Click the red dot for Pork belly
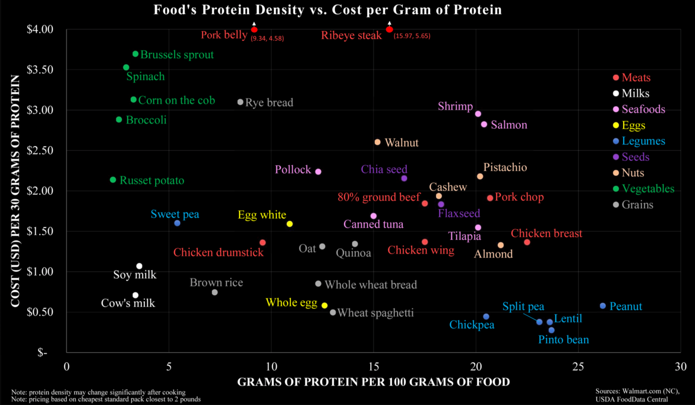click(x=254, y=29)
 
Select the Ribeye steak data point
click(x=389, y=29)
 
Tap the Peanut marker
click(x=603, y=306)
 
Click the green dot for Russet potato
click(x=113, y=180)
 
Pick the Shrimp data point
click(x=478, y=113)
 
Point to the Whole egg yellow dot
click(x=324, y=305)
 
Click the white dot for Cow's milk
click(x=135, y=295)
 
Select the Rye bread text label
click(x=269, y=103)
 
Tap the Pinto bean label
click(x=563, y=340)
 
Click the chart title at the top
click(x=327, y=10)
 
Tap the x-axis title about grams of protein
click(x=373, y=382)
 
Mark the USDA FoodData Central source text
click(x=636, y=398)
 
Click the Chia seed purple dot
click(x=404, y=178)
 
